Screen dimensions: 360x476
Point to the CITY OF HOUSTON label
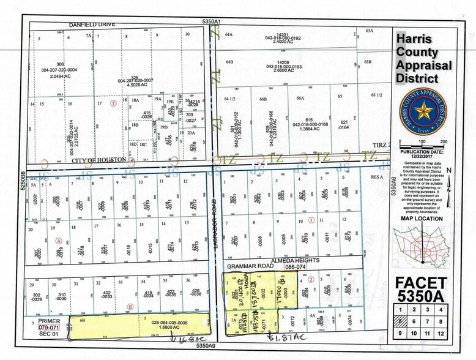point(99,160)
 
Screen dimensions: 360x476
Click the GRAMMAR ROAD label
point(245,267)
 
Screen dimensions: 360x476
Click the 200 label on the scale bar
point(444,142)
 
